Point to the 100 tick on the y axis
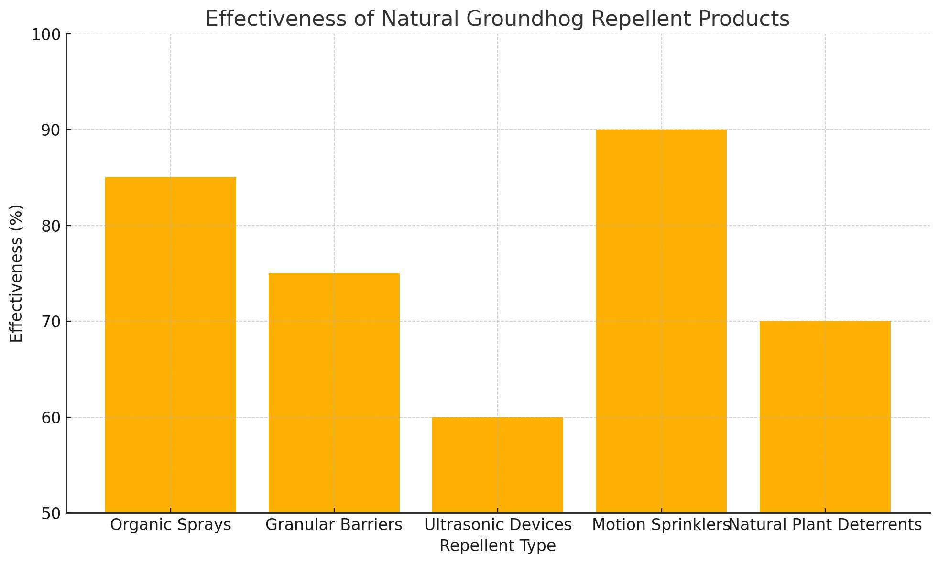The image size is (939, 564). pyautogui.click(x=46, y=34)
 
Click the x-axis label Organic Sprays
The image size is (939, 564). pyautogui.click(x=171, y=525)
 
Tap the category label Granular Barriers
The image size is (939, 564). pyautogui.click(x=334, y=525)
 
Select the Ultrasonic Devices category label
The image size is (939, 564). pyautogui.click(x=498, y=525)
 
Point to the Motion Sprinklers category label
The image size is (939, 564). pyautogui.click(x=660, y=525)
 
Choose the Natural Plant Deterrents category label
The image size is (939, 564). pyautogui.click(x=826, y=525)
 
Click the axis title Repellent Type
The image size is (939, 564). pyautogui.click(x=498, y=546)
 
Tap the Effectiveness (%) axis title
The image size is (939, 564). pyautogui.click(x=16, y=273)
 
